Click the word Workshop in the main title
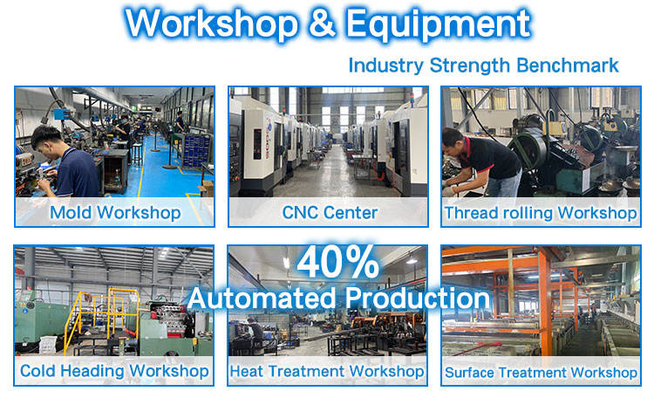(212, 24)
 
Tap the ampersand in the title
(323, 23)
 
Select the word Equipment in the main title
(439, 25)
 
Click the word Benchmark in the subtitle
(568, 65)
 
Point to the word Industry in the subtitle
(385, 66)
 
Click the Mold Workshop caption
(115, 212)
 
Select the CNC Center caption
(330, 212)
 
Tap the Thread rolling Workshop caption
(541, 213)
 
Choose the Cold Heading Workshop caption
(114, 371)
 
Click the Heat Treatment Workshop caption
(327, 371)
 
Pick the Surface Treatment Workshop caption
(541, 372)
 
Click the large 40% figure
(337, 262)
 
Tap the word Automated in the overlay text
(262, 299)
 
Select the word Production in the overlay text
(417, 299)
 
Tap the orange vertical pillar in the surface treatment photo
(545, 300)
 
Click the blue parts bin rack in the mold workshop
(195, 150)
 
